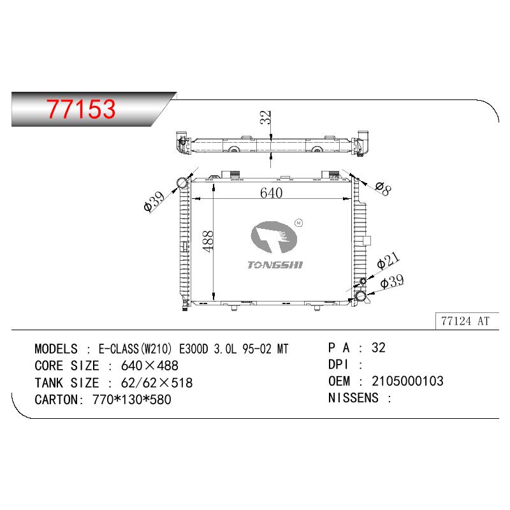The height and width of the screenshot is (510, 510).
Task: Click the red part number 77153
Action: pyautogui.click(x=81, y=108)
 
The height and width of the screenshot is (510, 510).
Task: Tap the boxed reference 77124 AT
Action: pyautogui.click(x=465, y=321)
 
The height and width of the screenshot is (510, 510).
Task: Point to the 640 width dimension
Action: pyautogui.click(x=272, y=193)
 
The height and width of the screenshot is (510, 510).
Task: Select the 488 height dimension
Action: pyautogui.click(x=208, y=242)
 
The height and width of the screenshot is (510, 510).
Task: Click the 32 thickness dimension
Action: pyautogui.click(x=265, y=117)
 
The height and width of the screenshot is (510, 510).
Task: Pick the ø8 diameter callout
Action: pyautogui.click(x=383, y=188)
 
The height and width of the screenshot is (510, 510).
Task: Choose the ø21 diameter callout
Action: pyautogui.click(x=388, y=261)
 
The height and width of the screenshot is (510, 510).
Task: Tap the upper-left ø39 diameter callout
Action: pyautogui.click(x=154, y=201)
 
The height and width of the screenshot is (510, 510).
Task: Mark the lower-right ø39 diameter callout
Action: pyautogui.click(x=392, y=281)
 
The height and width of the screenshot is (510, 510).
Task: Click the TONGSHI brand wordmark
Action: pyautogui.click(x=275, y=265)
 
